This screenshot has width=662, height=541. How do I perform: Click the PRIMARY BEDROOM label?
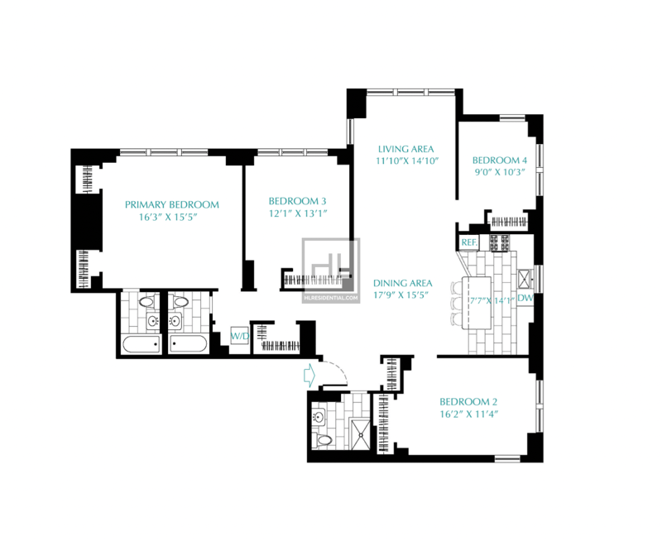tap(172, 204)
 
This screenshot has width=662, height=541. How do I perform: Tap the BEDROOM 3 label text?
tap(297, 201)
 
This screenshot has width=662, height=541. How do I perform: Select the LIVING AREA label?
tap(405, 149)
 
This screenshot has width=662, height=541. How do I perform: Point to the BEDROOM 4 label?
tap(500, 160)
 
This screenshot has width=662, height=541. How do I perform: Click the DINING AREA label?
tap(403, 283)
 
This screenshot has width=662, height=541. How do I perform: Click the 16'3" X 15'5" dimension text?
tap(168, 218)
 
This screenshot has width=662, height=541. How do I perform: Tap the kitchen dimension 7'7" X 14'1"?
tap(492, 300)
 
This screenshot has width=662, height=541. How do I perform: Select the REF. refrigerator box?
tap(469, 242)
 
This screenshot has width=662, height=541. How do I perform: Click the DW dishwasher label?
tap(525, 298)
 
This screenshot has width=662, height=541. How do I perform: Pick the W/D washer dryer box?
tap(239, 337)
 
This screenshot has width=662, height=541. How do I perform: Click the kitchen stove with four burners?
tap(499, 242)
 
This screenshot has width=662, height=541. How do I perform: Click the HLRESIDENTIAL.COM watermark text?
tap(330, 298)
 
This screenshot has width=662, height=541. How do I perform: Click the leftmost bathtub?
tap(142, 344)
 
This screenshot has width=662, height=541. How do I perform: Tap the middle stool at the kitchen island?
tap(457, 304)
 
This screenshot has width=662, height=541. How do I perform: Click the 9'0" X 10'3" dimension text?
tap(500, 172)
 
